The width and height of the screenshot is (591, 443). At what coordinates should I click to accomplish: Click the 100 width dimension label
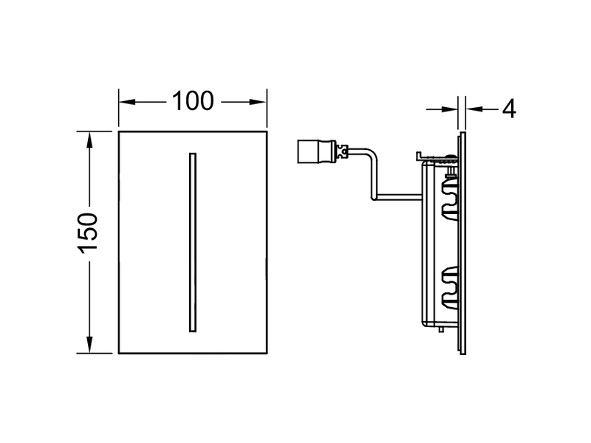coord(193,101)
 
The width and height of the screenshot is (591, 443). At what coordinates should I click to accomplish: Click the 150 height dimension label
coord(88,233)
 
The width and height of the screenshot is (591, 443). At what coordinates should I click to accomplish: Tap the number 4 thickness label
coord(509,109)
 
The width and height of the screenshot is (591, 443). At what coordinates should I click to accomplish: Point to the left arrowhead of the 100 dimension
coord(127,102)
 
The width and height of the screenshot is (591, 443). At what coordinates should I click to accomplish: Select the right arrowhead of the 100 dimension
coord(259,102)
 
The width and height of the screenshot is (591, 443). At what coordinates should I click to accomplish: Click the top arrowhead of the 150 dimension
coord(89,140)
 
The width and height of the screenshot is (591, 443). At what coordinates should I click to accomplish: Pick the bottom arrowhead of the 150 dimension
coord(89,345)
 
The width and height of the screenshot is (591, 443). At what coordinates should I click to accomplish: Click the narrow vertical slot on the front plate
coord(193,243)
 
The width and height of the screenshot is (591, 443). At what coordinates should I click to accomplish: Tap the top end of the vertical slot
coord(193,154)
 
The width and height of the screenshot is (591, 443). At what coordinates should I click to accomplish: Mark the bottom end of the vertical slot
coord(193,332)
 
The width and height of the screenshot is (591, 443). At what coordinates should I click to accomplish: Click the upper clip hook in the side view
coord(450,198)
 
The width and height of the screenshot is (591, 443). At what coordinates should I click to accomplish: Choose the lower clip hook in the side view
coord(450,286)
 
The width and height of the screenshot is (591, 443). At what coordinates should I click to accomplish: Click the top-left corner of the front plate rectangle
coord(119,131)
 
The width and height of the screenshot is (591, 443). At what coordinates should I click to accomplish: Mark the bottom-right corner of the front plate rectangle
coord(267,354)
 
